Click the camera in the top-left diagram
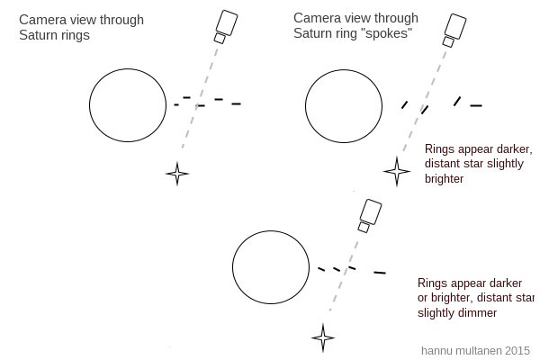[x=225, y=25]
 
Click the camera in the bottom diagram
[x=369, y=215]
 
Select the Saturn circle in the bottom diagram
[x=270, y=266]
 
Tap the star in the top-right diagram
[x=396, y=169]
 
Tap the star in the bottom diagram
[x=323, y=338]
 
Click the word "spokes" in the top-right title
[x=392, y=33]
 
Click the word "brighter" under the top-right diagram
[x=444, y=179]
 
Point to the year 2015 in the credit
[x=517, y=349]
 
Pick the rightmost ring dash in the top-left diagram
[x=236, y=104]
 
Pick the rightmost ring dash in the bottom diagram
[x=380, y=272]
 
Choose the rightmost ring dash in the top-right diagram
[x=475, y=106]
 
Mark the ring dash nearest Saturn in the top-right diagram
[x=404, y=105]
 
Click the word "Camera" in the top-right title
[x=317, y=18]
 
